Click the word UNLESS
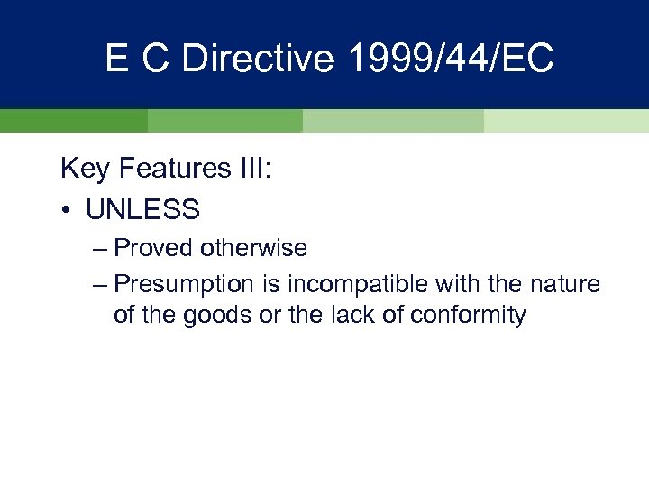(143, 210)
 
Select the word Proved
(154, 247)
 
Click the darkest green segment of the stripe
(73, 121)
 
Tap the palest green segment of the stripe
(566, 121)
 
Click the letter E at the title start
(116, 59)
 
